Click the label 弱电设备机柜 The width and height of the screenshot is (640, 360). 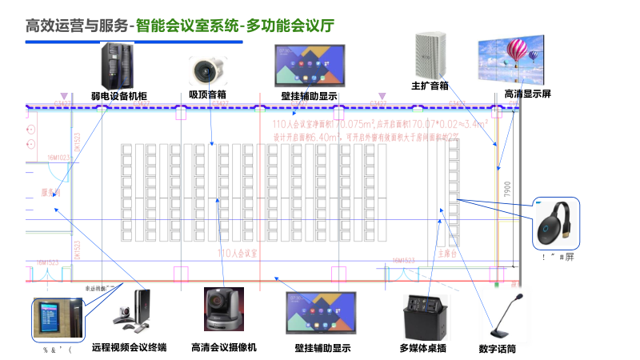(x=119, y=96)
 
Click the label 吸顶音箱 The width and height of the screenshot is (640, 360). (x=207, y=94)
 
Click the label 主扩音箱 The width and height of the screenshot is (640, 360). (x=430, y=85)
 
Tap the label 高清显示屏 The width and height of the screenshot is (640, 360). (x=527, y=94)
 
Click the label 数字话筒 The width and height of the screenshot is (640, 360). (x=497, y=349)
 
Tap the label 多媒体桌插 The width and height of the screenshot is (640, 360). (x=422, y=349)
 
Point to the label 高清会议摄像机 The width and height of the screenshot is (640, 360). (x=224, y=348)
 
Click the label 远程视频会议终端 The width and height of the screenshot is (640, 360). (x=128, y=347)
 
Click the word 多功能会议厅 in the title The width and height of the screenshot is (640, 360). (x=290, y=26)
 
